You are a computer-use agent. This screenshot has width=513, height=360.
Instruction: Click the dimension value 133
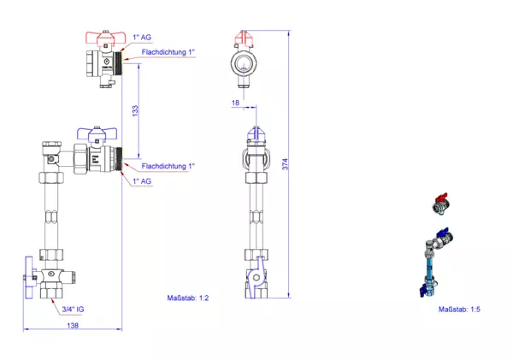click(x=135, y=111)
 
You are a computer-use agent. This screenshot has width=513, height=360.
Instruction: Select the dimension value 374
click(x=286, y=164)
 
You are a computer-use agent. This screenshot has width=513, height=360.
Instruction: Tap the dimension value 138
click(x=73, y=326)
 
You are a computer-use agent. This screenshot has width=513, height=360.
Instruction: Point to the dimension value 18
click(x=236, y=103)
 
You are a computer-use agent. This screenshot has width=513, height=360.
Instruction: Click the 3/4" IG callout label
click(x=73, y=309)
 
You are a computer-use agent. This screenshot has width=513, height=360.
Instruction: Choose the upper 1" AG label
click(x=142, y=38)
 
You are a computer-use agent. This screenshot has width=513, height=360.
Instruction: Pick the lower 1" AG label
click(x=142, y=181)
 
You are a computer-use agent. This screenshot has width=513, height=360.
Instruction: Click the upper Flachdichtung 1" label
click(x=168, y=52)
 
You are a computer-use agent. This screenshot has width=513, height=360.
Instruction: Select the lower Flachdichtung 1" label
click(x=168, y=166)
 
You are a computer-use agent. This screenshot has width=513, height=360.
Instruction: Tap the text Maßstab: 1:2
click(x=188, y=298)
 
